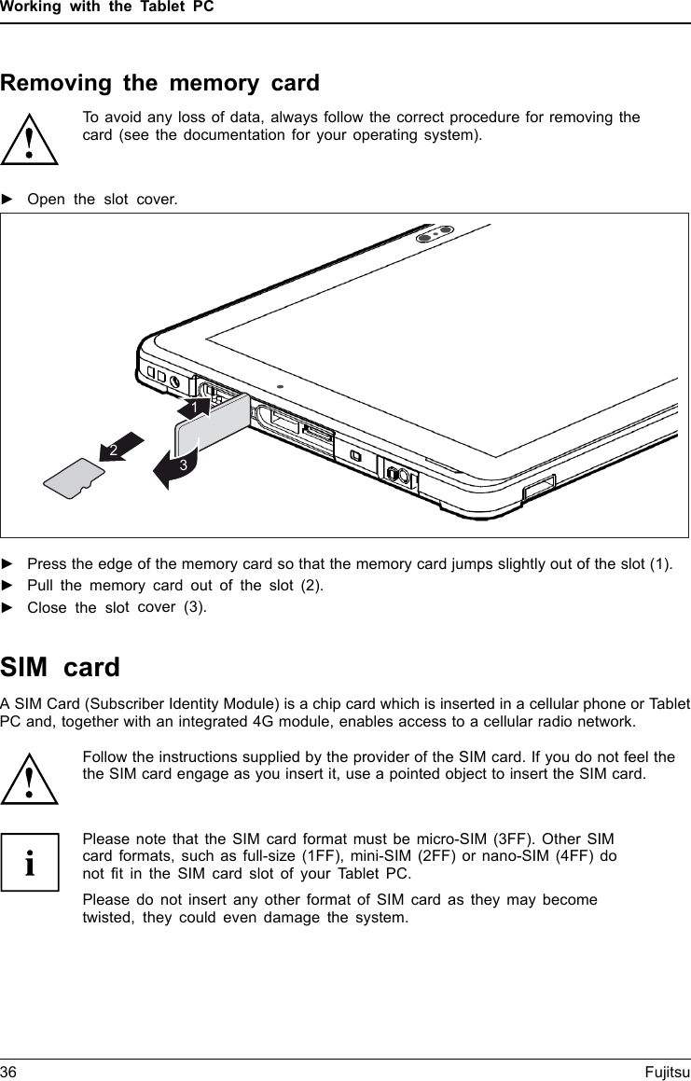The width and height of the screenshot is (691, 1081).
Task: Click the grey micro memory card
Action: point(75,478)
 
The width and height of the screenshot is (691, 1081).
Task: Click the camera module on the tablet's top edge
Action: point(436,233)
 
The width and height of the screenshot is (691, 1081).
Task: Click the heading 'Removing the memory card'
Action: point(159,83)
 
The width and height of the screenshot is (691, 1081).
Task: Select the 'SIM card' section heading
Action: point(61,668)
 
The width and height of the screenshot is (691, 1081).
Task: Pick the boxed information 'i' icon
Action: point(30,862)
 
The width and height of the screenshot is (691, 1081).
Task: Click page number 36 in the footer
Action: point(9,1071)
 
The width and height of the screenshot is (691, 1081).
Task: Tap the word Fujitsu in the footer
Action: point(667,1071)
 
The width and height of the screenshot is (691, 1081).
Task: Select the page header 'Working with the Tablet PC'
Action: point(107,7)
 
